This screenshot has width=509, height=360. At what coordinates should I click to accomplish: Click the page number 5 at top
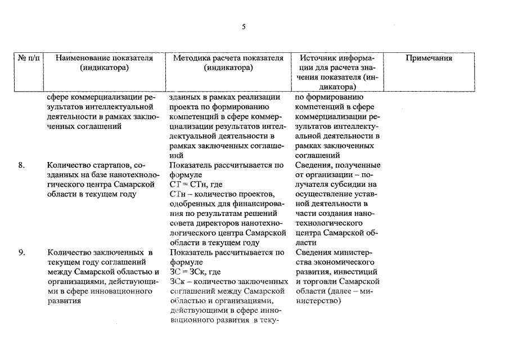(x=244, y=26)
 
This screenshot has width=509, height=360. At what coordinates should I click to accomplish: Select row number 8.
(x=21, y=165)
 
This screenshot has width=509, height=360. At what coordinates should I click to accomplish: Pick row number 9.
(x=21, y=253)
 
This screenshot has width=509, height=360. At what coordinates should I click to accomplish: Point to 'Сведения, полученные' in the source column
(x=337, y=165)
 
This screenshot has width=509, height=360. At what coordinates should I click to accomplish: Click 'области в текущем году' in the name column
(x=92, y=194)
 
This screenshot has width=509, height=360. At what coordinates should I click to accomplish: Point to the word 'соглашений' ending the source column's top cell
(x=317, y=155)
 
